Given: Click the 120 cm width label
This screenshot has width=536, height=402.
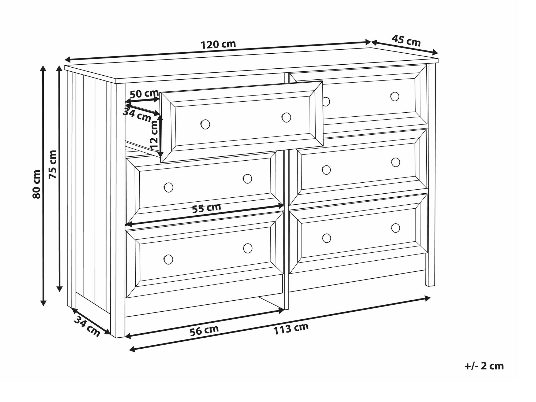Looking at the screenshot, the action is coord(218,45).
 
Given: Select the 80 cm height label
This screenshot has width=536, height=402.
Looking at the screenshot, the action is coord(36,184).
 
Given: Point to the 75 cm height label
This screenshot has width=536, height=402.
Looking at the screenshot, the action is coord(53,164).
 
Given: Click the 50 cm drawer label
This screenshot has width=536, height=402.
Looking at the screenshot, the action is coord(144,94).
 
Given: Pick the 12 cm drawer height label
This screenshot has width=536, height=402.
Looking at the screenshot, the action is coord(154,135).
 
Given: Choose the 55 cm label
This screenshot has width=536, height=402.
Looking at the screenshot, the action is coord(207,208).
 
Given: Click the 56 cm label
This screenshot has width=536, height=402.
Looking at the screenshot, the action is coord(204,330).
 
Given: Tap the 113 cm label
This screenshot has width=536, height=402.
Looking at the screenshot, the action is coord(291,329).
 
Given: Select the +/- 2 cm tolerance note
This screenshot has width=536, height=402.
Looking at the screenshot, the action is coord(484,366).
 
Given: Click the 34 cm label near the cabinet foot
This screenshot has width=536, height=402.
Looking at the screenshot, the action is coord(87,326).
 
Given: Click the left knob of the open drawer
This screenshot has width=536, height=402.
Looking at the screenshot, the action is coord(205,124).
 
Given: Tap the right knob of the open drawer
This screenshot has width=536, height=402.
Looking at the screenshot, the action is coord(286,117).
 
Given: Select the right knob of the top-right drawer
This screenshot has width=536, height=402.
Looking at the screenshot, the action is coord(395,97).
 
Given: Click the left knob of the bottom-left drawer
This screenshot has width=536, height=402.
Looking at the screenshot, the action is coord(168,259).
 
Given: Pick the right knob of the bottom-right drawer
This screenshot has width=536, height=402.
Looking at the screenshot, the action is coord(396,228).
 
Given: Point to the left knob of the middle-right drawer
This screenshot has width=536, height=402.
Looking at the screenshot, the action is coord(326,170).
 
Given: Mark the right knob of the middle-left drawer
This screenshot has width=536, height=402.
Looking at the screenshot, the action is coord(247,179).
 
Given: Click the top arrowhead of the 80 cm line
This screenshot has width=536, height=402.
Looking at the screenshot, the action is coord(43,68).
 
